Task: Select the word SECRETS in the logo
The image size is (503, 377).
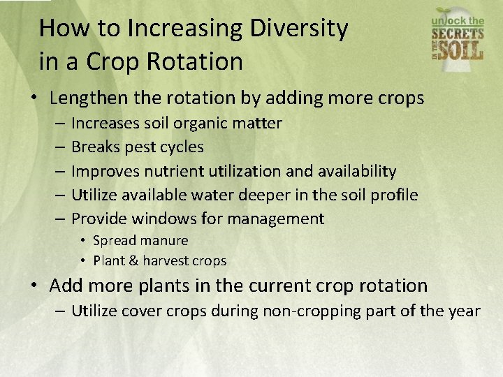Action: pyautogui.click(x=458, y=36)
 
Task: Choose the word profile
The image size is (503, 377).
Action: pyautogui.click(x=393, y=195)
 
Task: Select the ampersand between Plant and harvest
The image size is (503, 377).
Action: pyautogui.click(x=131, y=260)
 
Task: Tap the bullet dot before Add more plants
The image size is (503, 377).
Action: pyautogui.click(x=34, y=286)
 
